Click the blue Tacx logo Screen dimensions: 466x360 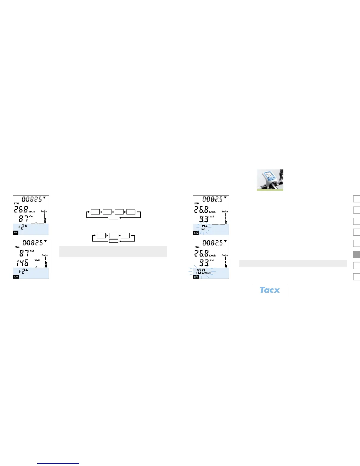pos(270,290)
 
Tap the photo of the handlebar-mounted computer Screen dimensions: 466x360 pos(270,180)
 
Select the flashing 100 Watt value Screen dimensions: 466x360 pos(201,271)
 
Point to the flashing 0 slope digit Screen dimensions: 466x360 pos(203,227)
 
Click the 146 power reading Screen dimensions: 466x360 pos(23,262)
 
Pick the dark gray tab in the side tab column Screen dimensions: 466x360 pos(356,254)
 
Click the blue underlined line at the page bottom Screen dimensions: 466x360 pos(58,464)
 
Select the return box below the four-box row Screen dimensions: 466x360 pos(113,218)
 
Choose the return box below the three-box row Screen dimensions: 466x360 pos(114,241)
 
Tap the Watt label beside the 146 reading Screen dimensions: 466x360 pos(37,260)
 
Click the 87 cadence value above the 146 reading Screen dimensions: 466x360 pos(24,253)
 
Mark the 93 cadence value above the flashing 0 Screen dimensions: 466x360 pos(204,219)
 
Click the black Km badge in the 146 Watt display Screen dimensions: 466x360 pos(16,277)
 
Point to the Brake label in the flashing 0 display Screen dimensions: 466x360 pos(225,212)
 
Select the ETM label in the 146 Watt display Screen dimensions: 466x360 pos(17,247)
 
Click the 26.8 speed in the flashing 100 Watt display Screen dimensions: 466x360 pos(201,253)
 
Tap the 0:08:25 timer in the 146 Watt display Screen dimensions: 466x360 pos(32,243)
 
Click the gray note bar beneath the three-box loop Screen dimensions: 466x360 pos(113,251)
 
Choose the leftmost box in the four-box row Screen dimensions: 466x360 pos(95,212)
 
